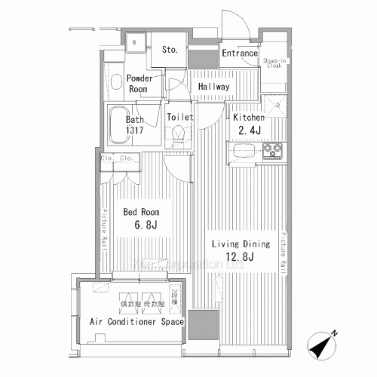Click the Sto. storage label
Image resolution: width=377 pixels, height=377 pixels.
coord(169,51)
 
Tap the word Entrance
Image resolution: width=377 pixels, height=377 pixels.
coord(240,54)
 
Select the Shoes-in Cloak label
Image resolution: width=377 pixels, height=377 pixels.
coord(274,63)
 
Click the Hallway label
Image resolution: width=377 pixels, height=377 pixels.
coord(213,87)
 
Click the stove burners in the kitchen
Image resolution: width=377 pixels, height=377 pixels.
coord(273,152)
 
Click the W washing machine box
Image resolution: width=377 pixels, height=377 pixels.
coord(134,42)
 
